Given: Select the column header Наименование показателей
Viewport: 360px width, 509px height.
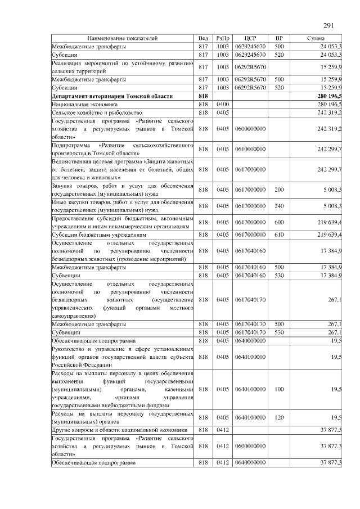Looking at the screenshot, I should click(x=122, y=38).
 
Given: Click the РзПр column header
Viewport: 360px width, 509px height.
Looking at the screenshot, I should click(x=223, y=38).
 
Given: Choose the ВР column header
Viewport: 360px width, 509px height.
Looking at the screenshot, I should click(x=278, y=38).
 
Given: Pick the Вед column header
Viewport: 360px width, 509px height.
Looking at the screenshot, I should click(x=204, y=38).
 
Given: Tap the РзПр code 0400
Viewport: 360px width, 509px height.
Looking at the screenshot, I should click(x=223, y=105).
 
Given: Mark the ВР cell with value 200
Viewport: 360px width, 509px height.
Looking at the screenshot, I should click(x=278, y=190).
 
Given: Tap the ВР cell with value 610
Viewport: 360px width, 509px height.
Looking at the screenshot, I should click(x=278, y=235).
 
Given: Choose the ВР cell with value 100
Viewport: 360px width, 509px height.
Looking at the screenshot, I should click(x=278, y=389).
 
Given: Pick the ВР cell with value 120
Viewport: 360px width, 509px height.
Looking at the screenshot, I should click(x=278, y=417).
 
